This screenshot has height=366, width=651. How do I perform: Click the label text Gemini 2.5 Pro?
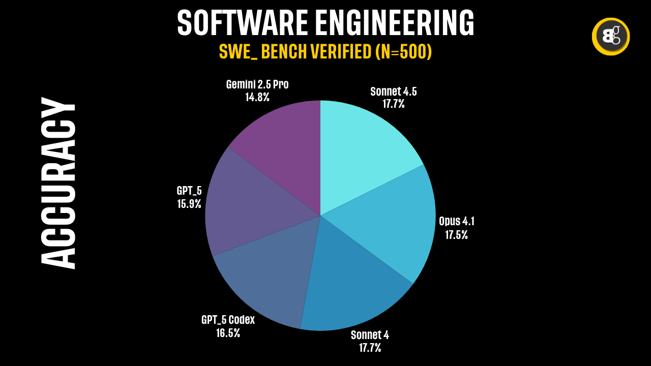(x=257, y=84)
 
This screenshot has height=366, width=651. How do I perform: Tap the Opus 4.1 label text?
(x=456, y=222)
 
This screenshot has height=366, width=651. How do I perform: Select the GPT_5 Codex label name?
(x=228, y=320)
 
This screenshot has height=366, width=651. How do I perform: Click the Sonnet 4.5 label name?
(x=394, y=91)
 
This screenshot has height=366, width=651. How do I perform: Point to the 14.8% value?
(x=257, y=97)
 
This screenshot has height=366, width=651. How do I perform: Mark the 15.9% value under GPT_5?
(x=189, y=204)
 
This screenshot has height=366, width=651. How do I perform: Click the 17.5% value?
(x=456, y=235)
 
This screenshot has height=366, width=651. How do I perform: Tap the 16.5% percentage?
(x=228, y=333)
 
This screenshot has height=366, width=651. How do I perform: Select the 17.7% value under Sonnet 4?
(x=370, y=348)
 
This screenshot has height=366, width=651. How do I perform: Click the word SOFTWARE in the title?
(x=242, y=23)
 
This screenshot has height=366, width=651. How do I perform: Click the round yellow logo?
(x=611, y=37)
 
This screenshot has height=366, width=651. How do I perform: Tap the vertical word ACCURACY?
(x=58, y=183)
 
